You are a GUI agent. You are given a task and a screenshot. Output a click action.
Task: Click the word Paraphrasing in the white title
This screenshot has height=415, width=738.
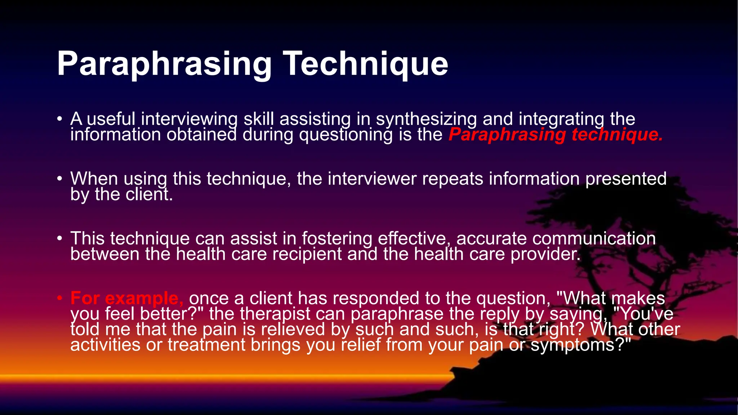pyautogui.click(x=164, y=64)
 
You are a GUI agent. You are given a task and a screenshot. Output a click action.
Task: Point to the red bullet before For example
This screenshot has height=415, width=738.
pyautogui.click(x=60, y=298)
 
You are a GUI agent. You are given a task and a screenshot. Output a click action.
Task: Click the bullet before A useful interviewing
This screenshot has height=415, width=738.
pyautogui.click(x=60, y=119)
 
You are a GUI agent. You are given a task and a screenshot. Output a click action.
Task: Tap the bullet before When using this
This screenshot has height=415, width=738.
pyautogui.click(x=60, y=178)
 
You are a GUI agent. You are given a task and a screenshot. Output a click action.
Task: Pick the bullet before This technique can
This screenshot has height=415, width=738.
pyautogui.click(x=60, y=238)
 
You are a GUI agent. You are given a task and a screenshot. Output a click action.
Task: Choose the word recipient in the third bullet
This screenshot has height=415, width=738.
pyautogui.click(x=307, y=254)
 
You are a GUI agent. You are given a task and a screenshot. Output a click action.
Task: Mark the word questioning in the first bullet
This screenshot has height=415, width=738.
pyautogui.click(x=346, y=135)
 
